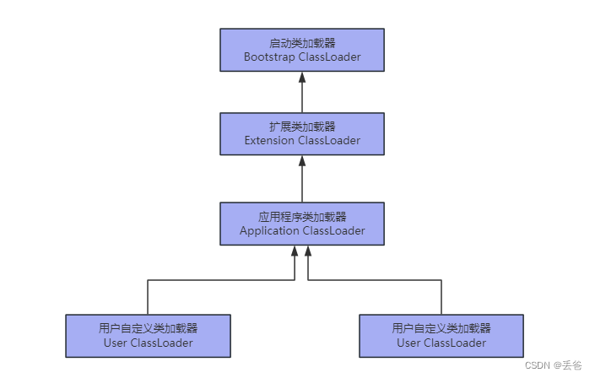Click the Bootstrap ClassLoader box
click(x=301, y=50)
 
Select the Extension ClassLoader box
click(x=301, y=133)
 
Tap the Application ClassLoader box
click(x=301, y=224)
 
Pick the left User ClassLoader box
click(x=148, y=335)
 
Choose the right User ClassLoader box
click(x=441, y=335)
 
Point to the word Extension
click(x=269, y=141)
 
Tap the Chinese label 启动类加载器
click(x=301, y=42)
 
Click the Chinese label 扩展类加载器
click(x=301, y=126)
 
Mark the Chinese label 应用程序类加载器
click(x=301, y=216)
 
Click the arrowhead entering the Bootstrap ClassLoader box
click(x=301, y=78)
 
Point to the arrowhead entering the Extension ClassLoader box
click(x=301, y=161)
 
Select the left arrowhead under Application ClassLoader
click(x=294, y=251)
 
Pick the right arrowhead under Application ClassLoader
click(x=309, y=251)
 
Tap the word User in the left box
click(x=116, y=343)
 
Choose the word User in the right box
click(x=408, y=343)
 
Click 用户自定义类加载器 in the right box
click(x=441, y=327)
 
